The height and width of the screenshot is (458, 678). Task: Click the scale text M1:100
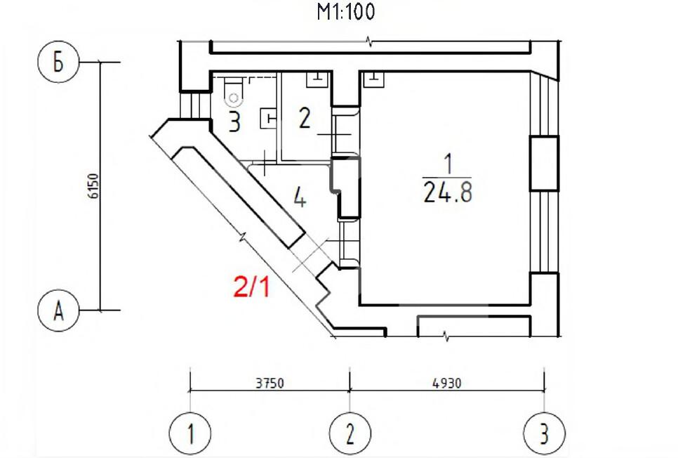click(x=346, y=12)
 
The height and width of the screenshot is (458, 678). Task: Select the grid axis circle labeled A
click(x=58, y=310)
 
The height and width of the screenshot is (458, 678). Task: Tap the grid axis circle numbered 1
click(x=191, y=433)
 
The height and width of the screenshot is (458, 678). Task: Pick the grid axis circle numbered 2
click(x=350, y=433)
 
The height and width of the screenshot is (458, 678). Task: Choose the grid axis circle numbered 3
click(x=544, y=433)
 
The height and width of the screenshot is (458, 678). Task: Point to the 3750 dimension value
click(x=270, y=384)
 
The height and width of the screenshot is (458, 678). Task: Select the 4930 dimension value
click(x=447, y=384)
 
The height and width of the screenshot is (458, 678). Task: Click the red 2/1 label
click(x=251, y=287)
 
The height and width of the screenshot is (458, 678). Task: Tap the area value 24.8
click(x=447, y=192)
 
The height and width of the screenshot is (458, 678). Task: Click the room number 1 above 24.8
click(x=446, y=166)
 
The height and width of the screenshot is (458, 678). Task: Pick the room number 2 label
click(x=305, y=118)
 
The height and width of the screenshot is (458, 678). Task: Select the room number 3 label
click(x=234, y=122)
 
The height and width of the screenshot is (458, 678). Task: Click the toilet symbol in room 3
click(x=231, y=92)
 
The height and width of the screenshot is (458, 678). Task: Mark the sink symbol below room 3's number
click(x=267, y=117)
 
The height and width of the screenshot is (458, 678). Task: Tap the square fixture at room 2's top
click(x=317, y=79)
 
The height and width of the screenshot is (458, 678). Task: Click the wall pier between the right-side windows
click(x=543, y=164)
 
